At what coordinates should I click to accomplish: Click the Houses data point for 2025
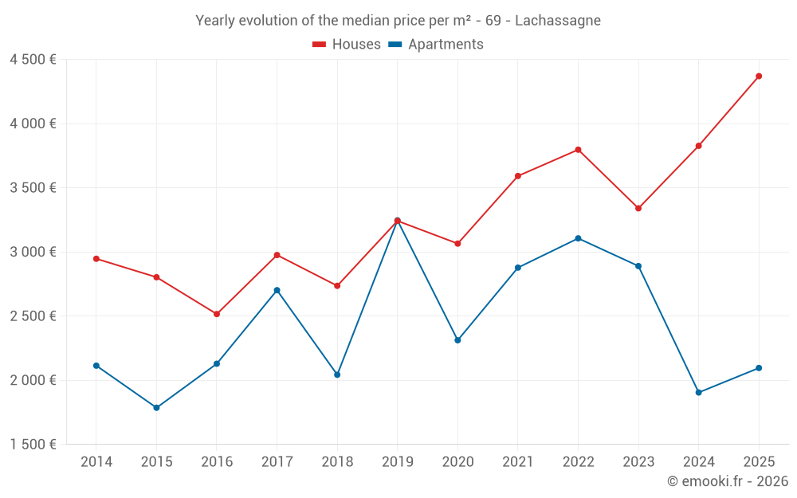(759, 76)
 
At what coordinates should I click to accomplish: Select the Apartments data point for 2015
(156, 408)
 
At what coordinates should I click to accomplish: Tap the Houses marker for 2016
(217, 314)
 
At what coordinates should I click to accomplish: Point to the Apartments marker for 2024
(699, 393)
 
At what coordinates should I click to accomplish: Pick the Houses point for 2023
(638, 209)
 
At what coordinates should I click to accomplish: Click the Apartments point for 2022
(578, 238)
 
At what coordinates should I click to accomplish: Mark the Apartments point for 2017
(277, 290)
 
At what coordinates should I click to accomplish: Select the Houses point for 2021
(518, 176)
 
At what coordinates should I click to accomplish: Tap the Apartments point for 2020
(457, 340)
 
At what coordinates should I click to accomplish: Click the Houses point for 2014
(96, 259)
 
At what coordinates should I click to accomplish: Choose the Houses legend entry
(347, 45)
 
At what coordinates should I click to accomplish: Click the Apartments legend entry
(436, 45)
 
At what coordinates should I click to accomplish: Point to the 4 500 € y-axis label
(33, 60)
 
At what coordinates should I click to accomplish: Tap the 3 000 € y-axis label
(33, 252)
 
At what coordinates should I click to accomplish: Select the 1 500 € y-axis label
(33, 445)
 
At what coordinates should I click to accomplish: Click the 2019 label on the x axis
(397, 462)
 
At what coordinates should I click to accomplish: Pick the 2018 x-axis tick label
(337, 462)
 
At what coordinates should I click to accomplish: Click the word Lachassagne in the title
(558, 20)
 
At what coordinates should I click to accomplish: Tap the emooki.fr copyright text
(728, 481)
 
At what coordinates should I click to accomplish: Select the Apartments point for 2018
(337, 374)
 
